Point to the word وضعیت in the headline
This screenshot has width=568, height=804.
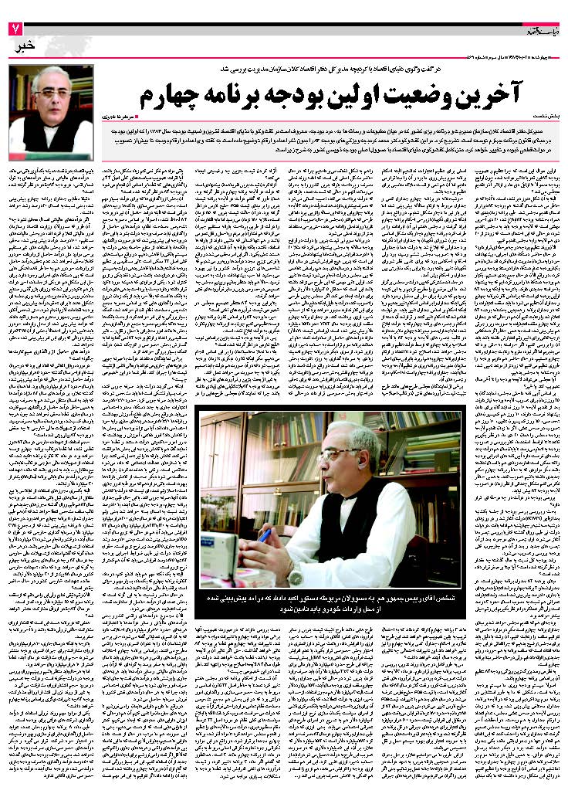(x=452, y=97)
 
